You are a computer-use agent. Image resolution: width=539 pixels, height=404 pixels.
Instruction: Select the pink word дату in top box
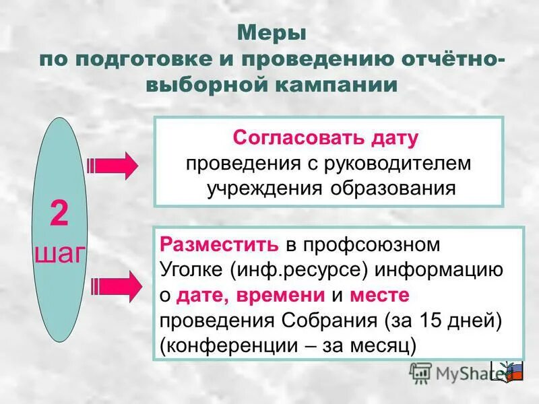point(392,138)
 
